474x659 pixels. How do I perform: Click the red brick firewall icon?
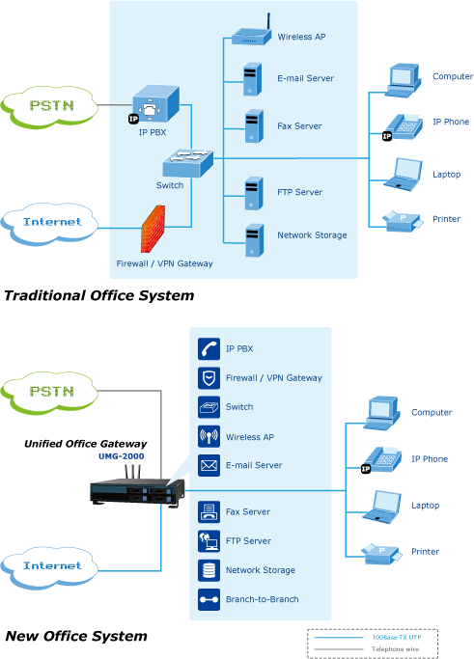click(x=153, y=229)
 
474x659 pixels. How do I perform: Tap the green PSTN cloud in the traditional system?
click(x=49, y=106)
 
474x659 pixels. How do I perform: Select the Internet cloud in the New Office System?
click(x=49, y=567)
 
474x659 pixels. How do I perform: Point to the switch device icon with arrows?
click(x=188, y=163)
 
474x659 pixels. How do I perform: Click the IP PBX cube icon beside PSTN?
click(x=154, y=104)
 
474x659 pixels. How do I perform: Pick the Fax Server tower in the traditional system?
click(x=254, y=126)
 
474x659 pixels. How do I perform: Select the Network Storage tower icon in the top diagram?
click(x=254, y=240)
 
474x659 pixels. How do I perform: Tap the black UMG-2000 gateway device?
click(x=137, y=489)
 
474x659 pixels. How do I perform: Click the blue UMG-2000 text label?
click(x=121, y=456)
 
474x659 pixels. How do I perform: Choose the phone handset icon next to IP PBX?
click(x=209, y=349)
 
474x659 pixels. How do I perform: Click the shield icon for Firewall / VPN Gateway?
click(x=209, y=378)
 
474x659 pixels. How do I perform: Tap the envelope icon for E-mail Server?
click(x=209, y=465)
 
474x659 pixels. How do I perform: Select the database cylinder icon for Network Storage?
click(x=209, y=570)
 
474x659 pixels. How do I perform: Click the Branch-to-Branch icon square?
click(x=209, y=599)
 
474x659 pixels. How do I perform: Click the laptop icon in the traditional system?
click(x=403, y=175)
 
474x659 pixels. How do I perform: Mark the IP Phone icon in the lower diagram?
click(x=381, y=460)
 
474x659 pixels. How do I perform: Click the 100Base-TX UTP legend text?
click(x=397, y=637)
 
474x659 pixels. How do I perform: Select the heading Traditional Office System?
click(x=99, y=295)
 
